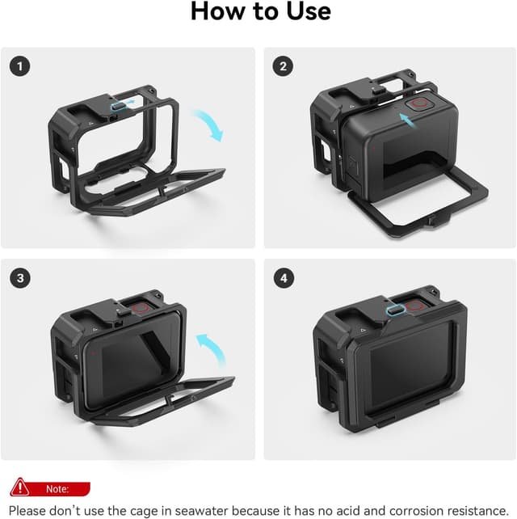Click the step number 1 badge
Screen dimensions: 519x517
tap(20, 65)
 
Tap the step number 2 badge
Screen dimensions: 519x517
tap(282, 65)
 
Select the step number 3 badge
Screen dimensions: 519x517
tap(20, 278)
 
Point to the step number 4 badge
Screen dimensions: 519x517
tap(282, 278)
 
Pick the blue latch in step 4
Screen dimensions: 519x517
tap(395, 310)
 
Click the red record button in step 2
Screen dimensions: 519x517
tap(421, 104)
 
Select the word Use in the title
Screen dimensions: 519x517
tap(305, 12)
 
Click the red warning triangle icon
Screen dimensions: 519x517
tap(18, 488)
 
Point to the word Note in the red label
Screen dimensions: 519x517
tap(57, 489)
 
